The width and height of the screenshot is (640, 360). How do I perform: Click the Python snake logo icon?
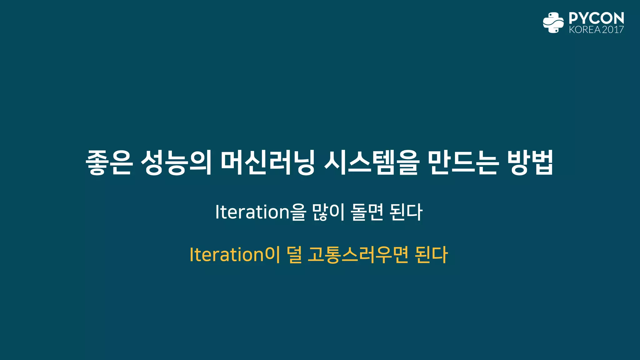point(553,22)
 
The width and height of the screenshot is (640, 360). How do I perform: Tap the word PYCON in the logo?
point(596,18)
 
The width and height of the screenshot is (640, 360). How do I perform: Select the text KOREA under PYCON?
point(585,30)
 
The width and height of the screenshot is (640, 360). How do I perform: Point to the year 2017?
point(613,30)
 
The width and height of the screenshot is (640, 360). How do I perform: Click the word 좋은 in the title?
point(109,162)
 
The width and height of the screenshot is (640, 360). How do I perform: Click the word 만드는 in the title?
point(462,162)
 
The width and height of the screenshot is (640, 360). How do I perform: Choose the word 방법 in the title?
point(530,162)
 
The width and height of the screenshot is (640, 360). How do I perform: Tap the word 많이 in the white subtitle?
point(328,212)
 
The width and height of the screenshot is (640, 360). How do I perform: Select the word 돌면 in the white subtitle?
point(367,212)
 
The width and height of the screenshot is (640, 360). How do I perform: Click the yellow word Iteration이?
point(235,255)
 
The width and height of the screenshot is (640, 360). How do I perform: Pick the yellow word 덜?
point(294,255)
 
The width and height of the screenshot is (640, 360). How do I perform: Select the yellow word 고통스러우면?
point(358,255)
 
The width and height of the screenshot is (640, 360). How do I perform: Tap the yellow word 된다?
point(432,255)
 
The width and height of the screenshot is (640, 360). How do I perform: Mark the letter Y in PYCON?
point(584,18)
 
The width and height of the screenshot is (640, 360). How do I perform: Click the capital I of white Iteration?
point(217,212)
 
